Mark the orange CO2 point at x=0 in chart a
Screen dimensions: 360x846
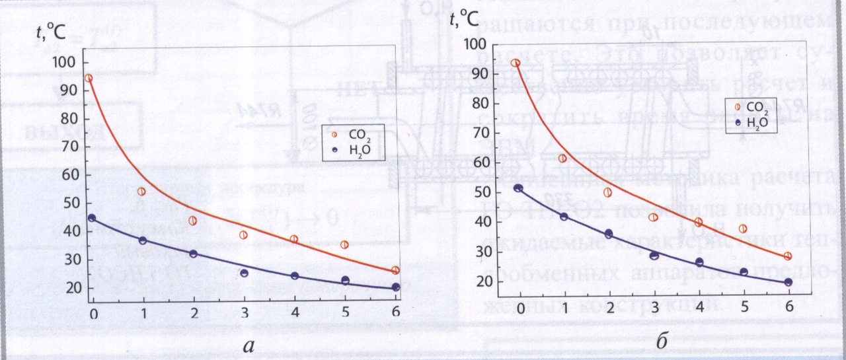(x=89, y=78)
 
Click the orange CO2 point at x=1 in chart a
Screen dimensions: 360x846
(x=141, y=192)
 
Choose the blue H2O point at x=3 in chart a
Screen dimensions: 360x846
(x=245, y=273)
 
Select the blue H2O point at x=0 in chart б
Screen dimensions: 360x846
(x=518, y=188)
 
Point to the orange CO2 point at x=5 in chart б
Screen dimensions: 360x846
(x=743, y=229)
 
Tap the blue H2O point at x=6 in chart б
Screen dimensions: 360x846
(x=788, y=282)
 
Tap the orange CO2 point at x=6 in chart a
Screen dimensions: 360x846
(x=395, y=270)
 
